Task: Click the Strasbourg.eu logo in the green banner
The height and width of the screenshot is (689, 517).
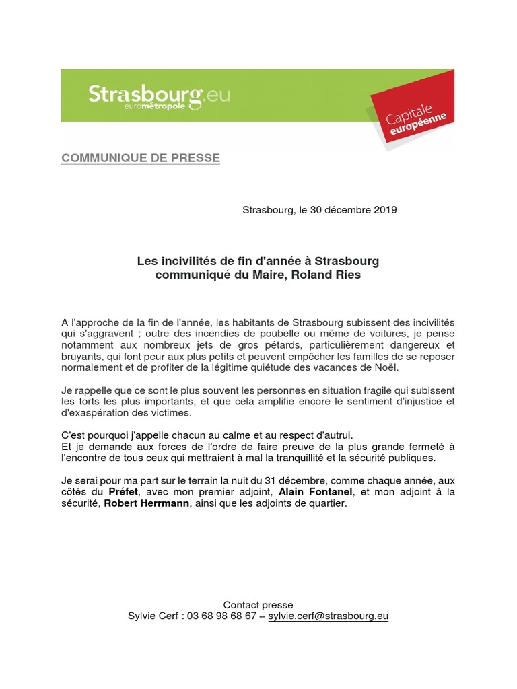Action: [x=159, y=95]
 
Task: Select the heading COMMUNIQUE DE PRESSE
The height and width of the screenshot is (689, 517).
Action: [x=141, y=158]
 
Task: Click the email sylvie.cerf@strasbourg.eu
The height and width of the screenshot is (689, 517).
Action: [x=329, y=616]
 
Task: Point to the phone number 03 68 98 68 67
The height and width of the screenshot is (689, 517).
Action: [x=221, y=616]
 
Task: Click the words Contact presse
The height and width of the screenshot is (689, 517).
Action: [x=258, y=605]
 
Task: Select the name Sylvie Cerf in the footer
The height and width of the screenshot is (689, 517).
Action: [x=153, y=616]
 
